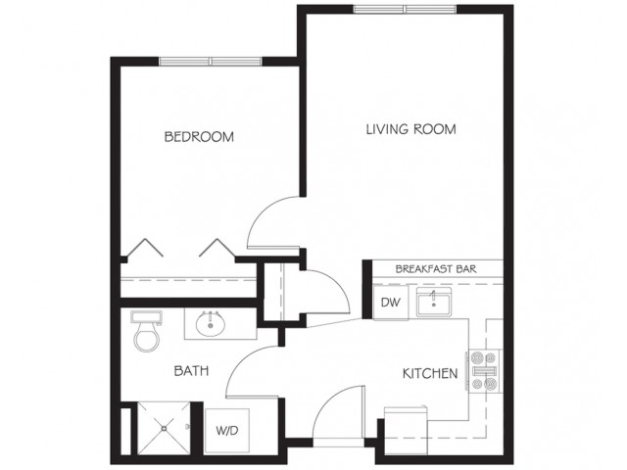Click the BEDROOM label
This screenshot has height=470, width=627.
coord(199,137)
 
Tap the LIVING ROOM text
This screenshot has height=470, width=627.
coord(411,129)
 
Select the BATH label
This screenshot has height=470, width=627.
coord(192,371)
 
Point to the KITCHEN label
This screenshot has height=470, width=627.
coord(430,374)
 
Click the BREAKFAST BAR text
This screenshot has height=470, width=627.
coord(436,269)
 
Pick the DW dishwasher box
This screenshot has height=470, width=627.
coord(390,303)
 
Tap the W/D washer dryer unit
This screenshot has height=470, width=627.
coord(227,431)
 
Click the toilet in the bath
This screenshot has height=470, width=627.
coord(146,332)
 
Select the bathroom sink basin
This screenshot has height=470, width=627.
coord(211,324)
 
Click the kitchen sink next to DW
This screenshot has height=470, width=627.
coord(434,302)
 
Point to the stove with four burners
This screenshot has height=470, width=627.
coord(485,370)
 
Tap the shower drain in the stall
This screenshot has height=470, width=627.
coord(164,429)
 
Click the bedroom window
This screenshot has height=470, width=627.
coord(211,61)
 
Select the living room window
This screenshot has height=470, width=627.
coord(405,9)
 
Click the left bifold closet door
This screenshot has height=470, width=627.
coord(145,248)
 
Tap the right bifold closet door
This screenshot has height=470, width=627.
coord(217,248)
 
